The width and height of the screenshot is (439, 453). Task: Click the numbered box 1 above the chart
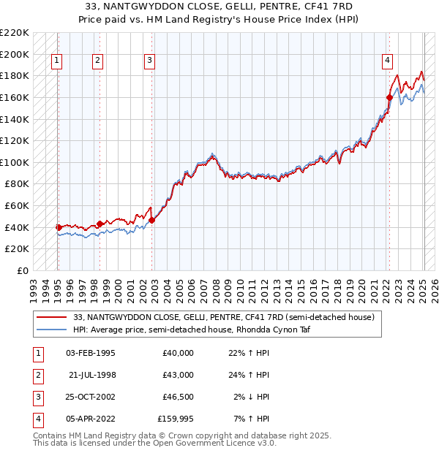click(x=56, y=61)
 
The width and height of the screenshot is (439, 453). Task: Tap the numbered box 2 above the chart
click(x=98, y=61)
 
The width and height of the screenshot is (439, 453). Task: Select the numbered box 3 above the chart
click(x=149, y=61)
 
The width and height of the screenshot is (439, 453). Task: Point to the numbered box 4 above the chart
click(x=387, y=61)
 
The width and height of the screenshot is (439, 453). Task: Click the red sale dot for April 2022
click(x=389, y=97)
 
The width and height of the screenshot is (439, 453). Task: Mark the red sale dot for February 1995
click(x=59, y=227)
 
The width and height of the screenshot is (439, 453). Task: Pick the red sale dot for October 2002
click(x=151, y=220)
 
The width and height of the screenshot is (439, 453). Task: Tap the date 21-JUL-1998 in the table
click(x=92, y=375)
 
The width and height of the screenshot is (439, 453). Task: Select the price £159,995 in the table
click(x=175, y=419)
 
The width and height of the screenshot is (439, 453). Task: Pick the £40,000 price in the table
click(x=178, y=353)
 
